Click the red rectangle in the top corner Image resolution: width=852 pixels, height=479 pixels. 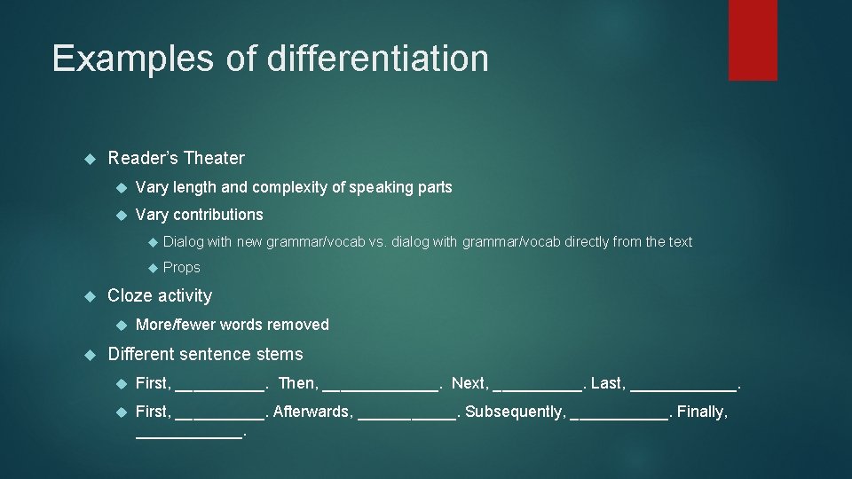[x=753, y=40]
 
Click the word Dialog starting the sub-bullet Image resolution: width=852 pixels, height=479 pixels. [x=183, y=241]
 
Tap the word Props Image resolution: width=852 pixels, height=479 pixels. [x=182, y=267]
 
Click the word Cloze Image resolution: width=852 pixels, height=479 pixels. [x=129, y=295]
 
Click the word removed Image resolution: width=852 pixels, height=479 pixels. [x=301, y=325]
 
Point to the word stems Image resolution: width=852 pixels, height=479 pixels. [x=280, y=354]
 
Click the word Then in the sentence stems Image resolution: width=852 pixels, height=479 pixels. [x=297, y=383]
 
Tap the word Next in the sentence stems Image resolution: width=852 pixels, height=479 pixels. [x=469, y=383]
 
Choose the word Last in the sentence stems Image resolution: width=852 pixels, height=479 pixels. [x=607, y=383]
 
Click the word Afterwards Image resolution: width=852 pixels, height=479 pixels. [x=312, y=412]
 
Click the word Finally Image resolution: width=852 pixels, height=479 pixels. [x=702, y=412]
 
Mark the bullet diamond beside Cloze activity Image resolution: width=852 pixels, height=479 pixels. [x=89, y=296]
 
